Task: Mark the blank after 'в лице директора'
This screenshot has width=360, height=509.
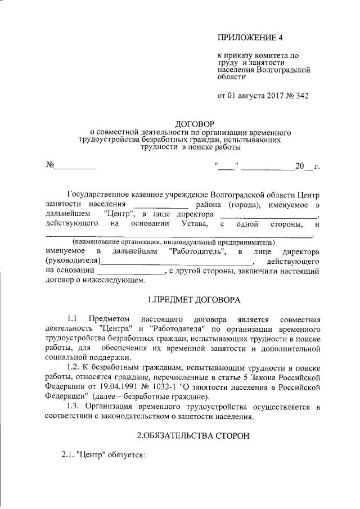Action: (x=268, y=214)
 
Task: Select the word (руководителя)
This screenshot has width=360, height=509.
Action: (x=73, y=261)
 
